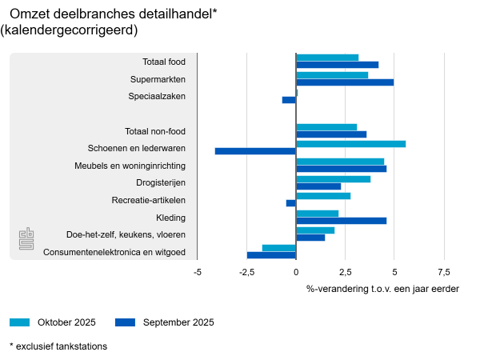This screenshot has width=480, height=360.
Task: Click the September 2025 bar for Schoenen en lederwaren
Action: [x=255, y=151]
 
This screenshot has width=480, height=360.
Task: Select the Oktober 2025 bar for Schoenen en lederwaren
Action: [x=350, y=144]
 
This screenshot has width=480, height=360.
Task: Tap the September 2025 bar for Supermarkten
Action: [x=345, y=82]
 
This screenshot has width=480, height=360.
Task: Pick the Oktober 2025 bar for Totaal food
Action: [x=327, y=58]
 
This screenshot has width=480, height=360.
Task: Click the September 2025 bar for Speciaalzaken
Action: [x=289, y=100]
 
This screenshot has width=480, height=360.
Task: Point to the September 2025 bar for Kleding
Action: [x=341, y=220]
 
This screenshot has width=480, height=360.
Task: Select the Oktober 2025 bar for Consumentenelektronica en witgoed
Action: [x=279, y=248]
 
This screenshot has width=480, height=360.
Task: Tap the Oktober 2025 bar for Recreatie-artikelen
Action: [x=323, y=196]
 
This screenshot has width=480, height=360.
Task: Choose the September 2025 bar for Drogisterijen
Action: [x=318, y=186]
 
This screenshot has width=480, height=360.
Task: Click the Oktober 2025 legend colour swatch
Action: [x=20, y=322]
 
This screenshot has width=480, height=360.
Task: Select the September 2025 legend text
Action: [x=178, y=322]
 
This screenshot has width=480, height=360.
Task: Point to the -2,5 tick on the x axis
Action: [x=246, y=272]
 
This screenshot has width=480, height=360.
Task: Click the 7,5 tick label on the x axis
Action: [x=444, y=272]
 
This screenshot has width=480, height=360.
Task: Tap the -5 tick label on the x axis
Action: [x=198, y=272]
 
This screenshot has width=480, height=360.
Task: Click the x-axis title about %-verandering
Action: [x=382, y=289]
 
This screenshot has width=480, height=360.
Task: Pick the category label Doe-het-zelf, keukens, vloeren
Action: [x=126, y=234]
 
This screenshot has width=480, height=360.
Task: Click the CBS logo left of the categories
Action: [x=26, y=238]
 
